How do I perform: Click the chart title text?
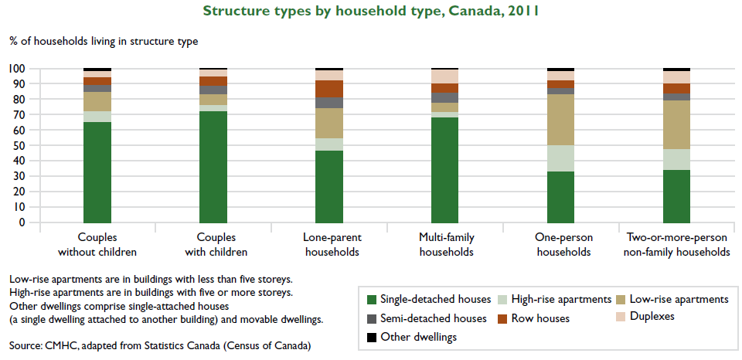coord(371,11)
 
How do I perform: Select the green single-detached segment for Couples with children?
coord(213,167)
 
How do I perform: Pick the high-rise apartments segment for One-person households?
coord(560,158)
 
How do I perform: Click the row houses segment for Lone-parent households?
coord(329,88)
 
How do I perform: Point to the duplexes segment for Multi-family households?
coord(445,76)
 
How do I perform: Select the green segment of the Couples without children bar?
coord(97,172)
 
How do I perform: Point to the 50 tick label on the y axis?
coord(19,146)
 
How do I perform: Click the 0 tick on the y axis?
coord(22,222)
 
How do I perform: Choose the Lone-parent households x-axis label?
coord(329,245)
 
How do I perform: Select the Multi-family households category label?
coord(445,245)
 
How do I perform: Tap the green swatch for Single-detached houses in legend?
coord(372,300)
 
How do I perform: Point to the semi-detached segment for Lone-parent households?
coord(329,103)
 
